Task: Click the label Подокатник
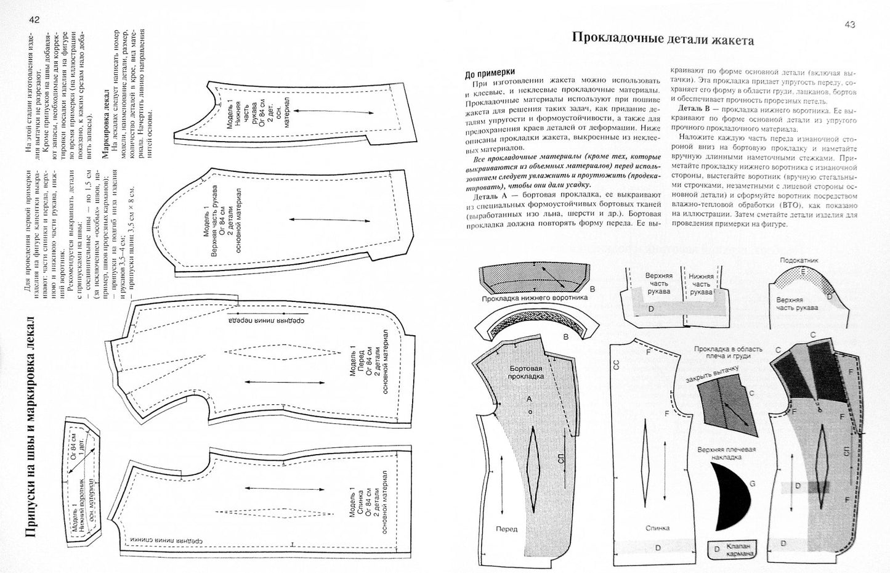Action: [799, 261]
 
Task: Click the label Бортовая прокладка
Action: [526, 372]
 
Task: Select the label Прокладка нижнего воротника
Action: [535, 298]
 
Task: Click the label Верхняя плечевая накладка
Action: [726, 453]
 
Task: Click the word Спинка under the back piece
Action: [657, 528]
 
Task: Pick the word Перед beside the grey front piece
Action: [507, 529]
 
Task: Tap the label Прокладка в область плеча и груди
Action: [727, 352]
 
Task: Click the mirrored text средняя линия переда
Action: [267, 320]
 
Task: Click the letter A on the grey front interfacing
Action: [528, 399]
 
